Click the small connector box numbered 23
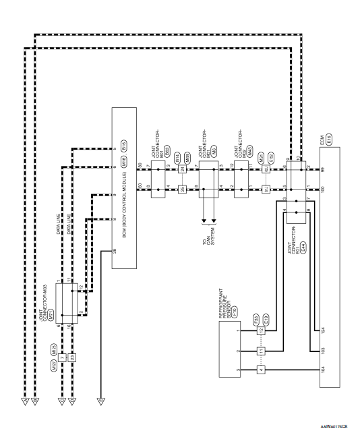pyautogui.click(x=73, y=357)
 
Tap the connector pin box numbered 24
pyautogui.click(x=182, y=169)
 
